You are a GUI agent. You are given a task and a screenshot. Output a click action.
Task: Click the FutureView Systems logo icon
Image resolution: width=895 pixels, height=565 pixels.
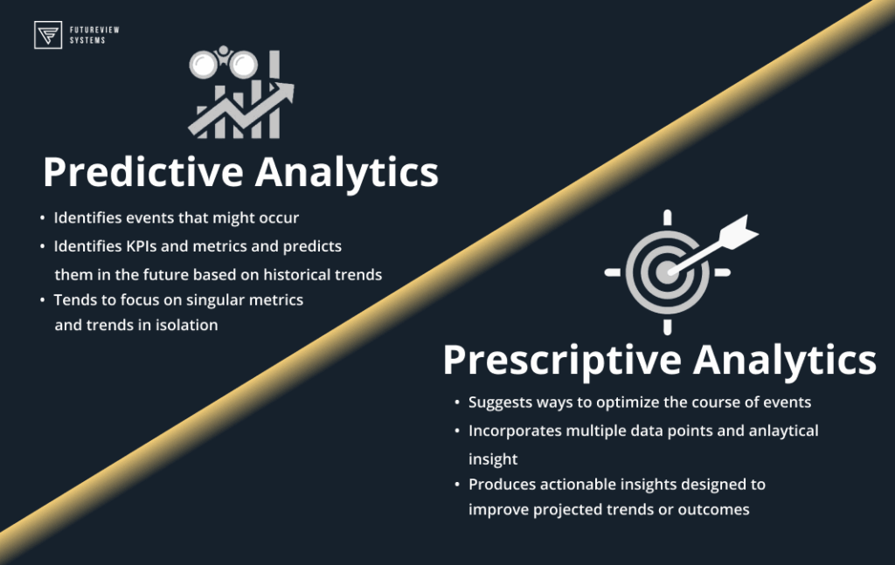click(48, 35)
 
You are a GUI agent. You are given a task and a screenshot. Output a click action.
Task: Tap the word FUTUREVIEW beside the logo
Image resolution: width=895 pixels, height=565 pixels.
click(94, 30)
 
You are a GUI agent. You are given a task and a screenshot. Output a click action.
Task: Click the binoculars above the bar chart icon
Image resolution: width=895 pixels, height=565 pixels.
click(223, 62)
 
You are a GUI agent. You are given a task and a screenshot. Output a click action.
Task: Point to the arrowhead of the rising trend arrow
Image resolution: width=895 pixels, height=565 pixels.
click(283, 93)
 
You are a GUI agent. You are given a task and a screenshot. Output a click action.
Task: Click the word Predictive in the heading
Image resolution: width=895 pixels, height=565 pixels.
click(143, 172)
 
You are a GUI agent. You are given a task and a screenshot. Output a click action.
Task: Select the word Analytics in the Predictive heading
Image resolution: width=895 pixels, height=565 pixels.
click(346, 172)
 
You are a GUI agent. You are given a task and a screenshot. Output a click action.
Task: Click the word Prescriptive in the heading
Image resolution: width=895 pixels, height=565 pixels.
click(562, 361)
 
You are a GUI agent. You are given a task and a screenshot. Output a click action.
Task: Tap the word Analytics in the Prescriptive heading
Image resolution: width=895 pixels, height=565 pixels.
click(785, 361)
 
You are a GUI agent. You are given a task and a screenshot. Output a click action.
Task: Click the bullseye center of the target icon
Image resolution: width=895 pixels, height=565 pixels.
click(666, 272)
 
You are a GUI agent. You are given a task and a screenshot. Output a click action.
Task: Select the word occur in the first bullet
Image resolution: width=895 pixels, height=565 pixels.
click(279, 218)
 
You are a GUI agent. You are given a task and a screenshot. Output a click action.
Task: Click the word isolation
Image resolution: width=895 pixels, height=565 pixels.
click(186, 325)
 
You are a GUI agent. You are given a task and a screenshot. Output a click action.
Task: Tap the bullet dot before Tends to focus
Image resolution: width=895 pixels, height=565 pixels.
click(42, 300)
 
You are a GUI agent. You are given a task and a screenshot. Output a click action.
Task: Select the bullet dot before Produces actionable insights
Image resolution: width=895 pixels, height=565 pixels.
click(457, 485)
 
